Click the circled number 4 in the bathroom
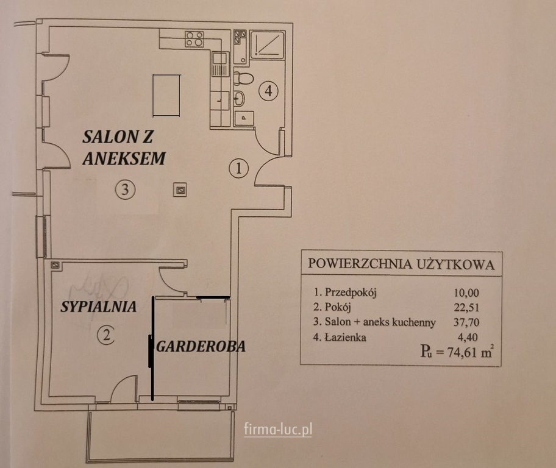[268, 91]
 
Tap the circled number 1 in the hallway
[238, 168]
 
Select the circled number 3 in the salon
[125, 190]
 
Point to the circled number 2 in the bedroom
[106, 335]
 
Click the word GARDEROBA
[201, 346]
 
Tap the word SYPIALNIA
[99, 307]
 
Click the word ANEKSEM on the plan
[124, 158]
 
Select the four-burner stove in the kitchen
[194, 38]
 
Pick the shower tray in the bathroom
[268, 45]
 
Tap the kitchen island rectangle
[166, 96]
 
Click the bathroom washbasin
[240, 98]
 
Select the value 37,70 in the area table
[466, 322]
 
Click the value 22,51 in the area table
[466, 307]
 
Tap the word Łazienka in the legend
[345, 337]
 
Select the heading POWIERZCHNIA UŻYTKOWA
[401, 264]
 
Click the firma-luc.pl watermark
[278, 430]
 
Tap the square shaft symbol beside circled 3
[180, 190]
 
